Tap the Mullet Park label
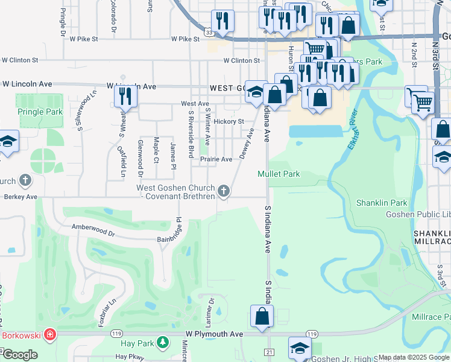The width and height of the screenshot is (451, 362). [x=279, y=174]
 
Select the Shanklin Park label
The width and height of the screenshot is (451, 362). [x=382, y=203]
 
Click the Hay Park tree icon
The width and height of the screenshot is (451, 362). [x=162, y=343]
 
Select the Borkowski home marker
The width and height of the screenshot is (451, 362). [x=50, y=334]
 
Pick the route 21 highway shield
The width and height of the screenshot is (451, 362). [x=269, y=352]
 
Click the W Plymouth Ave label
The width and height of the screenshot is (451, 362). [x=214, y=334]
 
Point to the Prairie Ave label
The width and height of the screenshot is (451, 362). [x=216, y=159]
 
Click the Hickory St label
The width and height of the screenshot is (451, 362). [x=231, y=121]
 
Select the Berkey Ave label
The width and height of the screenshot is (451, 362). [x=20, y=197]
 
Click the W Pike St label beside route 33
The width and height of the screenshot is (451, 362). [x=185, y=39]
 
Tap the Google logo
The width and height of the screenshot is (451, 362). [x=20, y=355]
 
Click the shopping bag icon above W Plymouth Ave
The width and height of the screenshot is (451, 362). [x=262, y=316]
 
